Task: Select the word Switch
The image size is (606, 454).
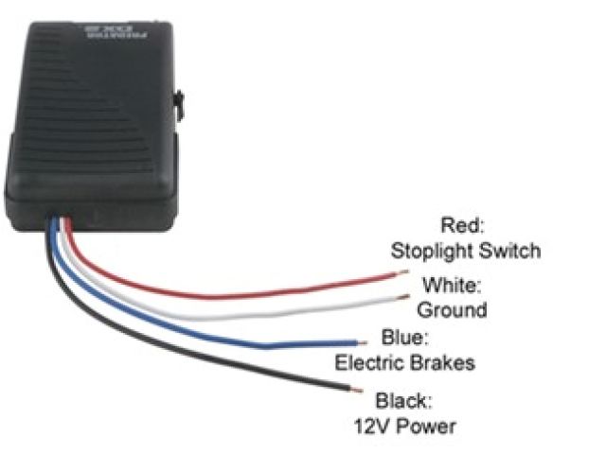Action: point(508,251)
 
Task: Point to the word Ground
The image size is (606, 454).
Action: point(452,309)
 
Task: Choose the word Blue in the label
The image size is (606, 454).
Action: point(402,338)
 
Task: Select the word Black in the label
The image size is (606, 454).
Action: point(402,399)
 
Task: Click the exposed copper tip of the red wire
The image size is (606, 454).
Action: point(404,274)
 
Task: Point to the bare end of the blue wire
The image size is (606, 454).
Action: point(360,340)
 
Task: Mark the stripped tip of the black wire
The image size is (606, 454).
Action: point(356,389)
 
